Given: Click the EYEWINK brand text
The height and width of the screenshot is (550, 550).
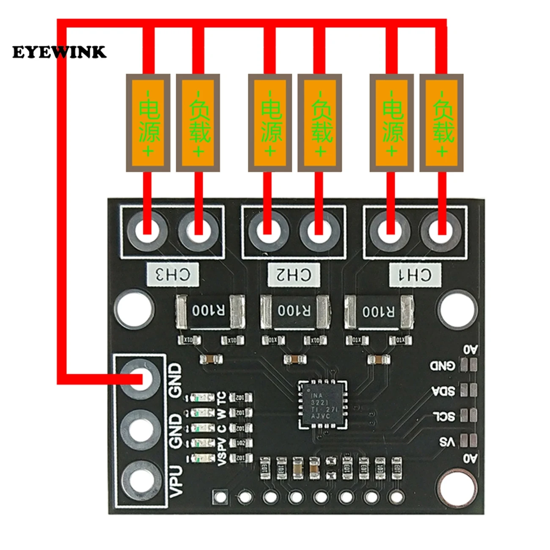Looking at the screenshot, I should coord(59,52).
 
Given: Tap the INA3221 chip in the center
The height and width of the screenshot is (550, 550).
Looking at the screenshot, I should coord(324,404).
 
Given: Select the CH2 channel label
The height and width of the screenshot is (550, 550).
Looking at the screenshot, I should coord(294,275).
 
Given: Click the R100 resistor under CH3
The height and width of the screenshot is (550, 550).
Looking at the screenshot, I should coord(209,312).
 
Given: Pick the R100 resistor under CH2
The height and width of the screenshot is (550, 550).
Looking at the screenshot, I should coord(294,312).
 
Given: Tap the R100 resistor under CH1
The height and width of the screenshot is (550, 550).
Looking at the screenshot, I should coord(379,312).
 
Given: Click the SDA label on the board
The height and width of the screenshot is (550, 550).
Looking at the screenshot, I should coord(443,390).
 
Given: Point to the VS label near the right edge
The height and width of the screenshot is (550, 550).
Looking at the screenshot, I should coord(447,442).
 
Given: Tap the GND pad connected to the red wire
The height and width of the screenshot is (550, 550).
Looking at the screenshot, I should coord(141,379).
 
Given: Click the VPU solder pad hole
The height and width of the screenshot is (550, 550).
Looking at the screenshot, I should coord(141,481).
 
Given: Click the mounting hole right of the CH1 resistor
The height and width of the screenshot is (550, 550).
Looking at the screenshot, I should coord(458,310).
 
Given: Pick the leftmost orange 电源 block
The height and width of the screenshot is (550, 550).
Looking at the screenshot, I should coord(148,123).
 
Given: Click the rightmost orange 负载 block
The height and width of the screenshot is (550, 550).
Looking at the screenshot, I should coord(442,123).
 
